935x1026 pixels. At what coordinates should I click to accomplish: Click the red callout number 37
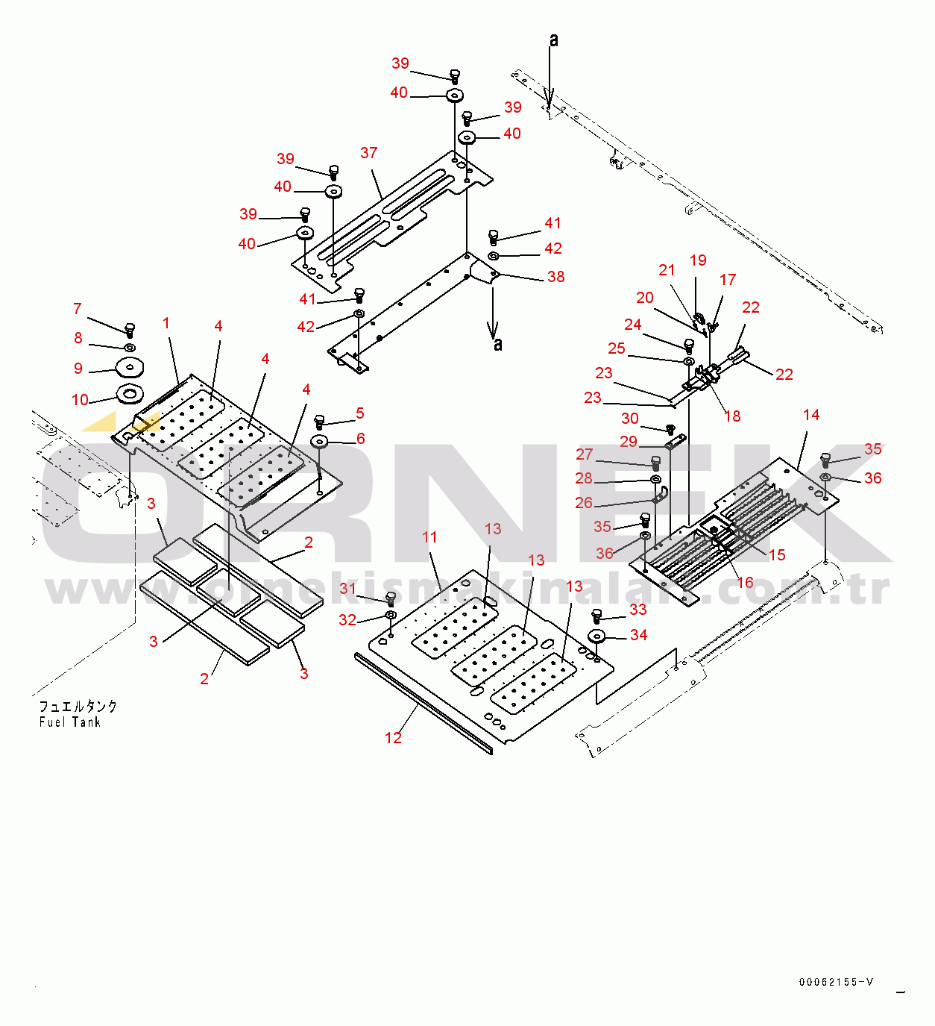coord(368,152)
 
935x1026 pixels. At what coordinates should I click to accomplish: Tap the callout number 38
coord(555,277)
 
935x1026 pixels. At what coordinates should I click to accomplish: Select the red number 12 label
coord(393,737)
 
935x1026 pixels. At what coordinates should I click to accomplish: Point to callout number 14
coord(811,414)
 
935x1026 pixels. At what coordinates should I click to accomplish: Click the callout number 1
coord(166,323)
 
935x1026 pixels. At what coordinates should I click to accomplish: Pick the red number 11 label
coord(429,537)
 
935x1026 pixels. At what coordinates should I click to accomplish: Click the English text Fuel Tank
coord(70,722)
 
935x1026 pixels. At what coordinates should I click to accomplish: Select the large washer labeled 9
coord(130,367)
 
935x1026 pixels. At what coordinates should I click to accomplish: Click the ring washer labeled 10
coord(130,394)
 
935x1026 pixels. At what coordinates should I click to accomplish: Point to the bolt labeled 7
coord(130,330)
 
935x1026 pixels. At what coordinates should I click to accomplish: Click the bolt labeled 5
coord(320,422)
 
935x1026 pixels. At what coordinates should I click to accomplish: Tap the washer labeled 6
coord(320,441)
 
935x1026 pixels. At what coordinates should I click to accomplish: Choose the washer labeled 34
coord(596,636)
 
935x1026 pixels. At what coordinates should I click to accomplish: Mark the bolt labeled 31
coord(391,599)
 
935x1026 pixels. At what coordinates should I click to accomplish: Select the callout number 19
coord(698,260)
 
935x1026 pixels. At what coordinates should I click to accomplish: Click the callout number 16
coord(745,582)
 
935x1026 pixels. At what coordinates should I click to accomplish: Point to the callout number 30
coord(630,419)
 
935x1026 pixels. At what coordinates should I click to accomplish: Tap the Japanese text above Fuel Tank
coord(78,707)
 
